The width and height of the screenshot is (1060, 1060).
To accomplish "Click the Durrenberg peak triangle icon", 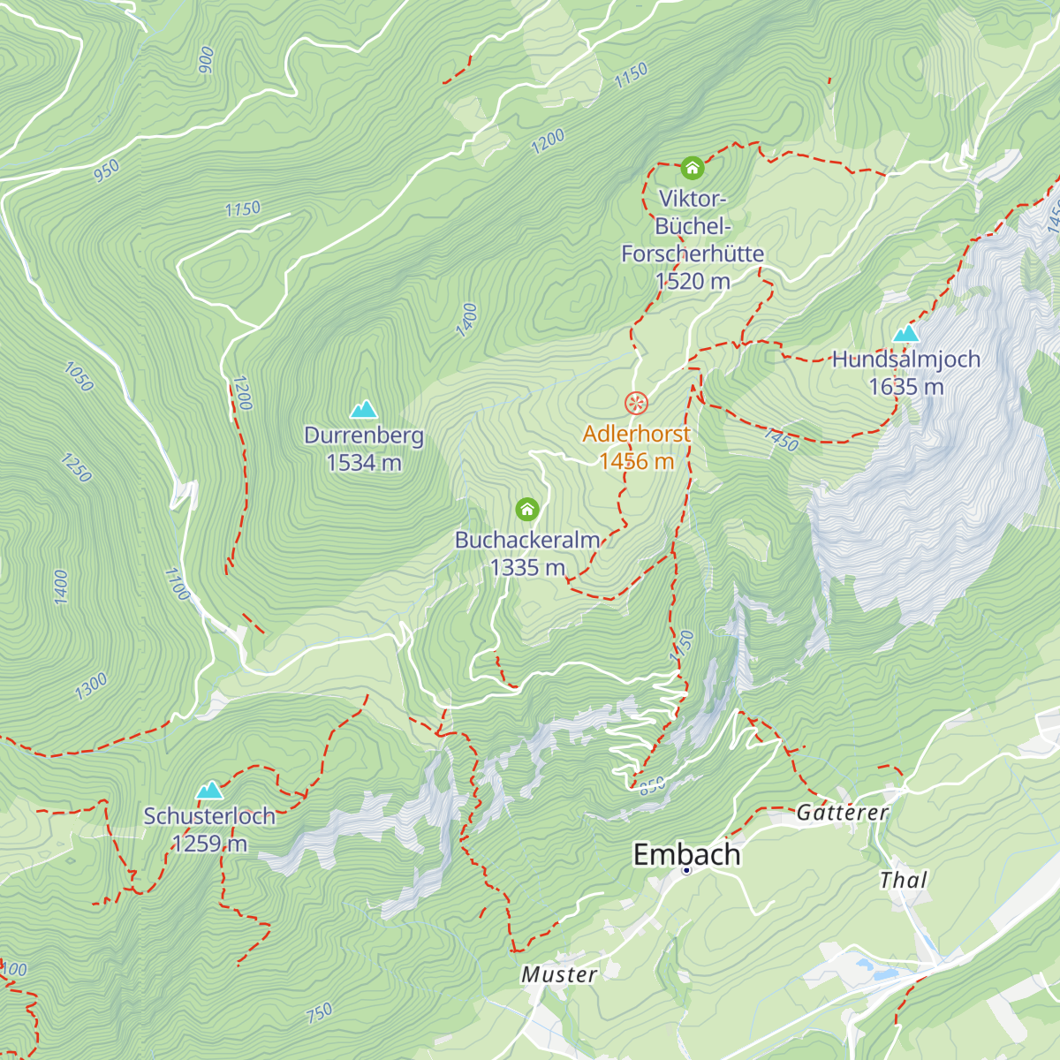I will [364, 410].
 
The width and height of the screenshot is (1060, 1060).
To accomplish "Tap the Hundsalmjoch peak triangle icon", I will [906, 334].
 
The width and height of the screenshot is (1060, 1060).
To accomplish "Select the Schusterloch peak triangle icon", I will [209, 790].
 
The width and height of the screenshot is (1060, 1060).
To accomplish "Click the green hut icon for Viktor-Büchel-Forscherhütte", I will [692, 167].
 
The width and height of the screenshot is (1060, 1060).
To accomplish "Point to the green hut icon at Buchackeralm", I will [527, 509].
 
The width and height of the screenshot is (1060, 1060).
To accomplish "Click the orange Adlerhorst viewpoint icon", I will [636, 404].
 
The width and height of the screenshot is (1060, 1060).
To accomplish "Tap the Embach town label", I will [686, 854].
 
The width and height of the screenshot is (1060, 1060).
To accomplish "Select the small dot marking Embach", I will [686, 871].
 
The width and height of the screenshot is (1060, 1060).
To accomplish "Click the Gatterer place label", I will [842, 812].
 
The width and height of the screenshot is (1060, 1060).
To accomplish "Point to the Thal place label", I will [904, 880].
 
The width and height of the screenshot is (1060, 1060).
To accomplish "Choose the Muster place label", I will [559, 974].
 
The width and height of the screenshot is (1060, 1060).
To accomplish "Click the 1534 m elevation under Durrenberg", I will [364, 462].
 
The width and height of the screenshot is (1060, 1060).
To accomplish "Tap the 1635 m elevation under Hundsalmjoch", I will [906, 386].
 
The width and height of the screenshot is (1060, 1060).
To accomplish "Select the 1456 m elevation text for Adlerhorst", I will [636, 461].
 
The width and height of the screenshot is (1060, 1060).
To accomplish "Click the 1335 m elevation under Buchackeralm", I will [527, 567].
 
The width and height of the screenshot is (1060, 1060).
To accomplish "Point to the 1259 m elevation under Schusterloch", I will [209, 844].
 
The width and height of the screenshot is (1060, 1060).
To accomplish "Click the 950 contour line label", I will [106, 170].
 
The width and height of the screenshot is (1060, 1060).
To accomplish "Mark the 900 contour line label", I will [207, 59].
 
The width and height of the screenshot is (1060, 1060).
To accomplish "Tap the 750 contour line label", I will [320, 1011].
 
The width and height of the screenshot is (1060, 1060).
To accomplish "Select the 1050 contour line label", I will [79, 377].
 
